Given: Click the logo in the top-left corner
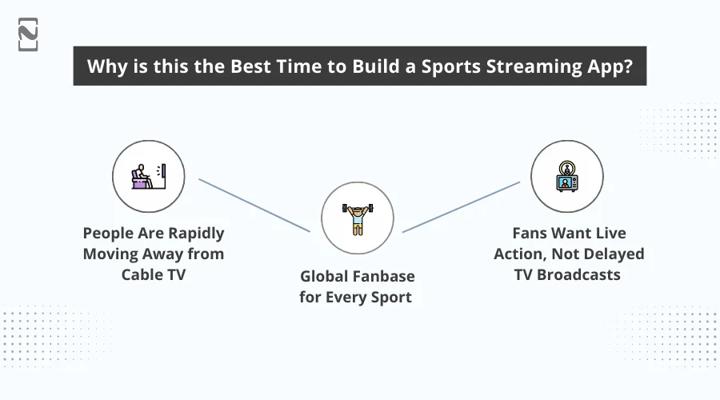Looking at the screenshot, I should tap(27, 34).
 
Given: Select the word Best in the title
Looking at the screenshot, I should tap(239, 66).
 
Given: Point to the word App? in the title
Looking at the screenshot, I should tap(609, 66).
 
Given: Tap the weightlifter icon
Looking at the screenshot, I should tap(358, 218).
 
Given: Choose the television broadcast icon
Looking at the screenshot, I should tap(567, 176).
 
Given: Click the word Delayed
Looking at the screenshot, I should tap(615, 254).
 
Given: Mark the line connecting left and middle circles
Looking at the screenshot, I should tap(254, 206).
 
